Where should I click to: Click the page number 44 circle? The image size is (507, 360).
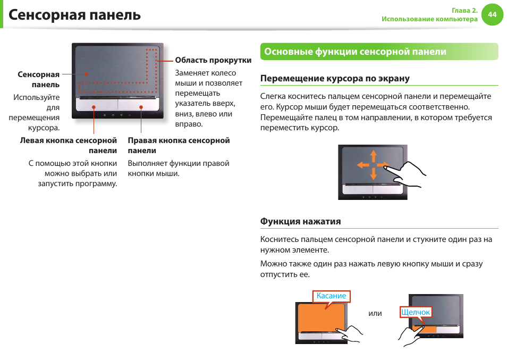(x=492, y=14)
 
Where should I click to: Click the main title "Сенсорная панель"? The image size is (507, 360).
(x=75, y=15)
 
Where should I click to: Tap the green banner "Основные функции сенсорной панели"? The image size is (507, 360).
(x=379, y=52)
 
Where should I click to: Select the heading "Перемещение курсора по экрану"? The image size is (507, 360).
(x=335, y=78)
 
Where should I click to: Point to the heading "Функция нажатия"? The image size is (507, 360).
(x=300, y=221)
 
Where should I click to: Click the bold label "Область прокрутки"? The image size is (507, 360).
(x=213, y=60)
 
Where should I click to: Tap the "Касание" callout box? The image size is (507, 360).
(x=331, y=296)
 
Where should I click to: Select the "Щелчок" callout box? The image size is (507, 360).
(x=416, y=312)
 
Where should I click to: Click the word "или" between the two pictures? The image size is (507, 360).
(x=375, y=313)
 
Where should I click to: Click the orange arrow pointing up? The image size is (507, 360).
(x=374, y=156)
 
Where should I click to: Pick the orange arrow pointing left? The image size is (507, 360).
(x=363, y=165)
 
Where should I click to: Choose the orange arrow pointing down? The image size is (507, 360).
(x=374, y=174)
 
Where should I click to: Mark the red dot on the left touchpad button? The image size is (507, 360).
(x=94, y=107)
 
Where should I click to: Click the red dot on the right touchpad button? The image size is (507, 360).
(x=141, y=107)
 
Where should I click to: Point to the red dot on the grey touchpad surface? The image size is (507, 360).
(x=86, y=74)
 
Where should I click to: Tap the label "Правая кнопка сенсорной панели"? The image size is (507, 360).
(x=179, y=146)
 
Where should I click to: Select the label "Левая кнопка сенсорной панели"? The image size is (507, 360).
(x=69, y=146)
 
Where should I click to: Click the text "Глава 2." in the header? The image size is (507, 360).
(x=464, y=10)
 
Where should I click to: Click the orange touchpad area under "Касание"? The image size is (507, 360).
(x=321, y=317)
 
